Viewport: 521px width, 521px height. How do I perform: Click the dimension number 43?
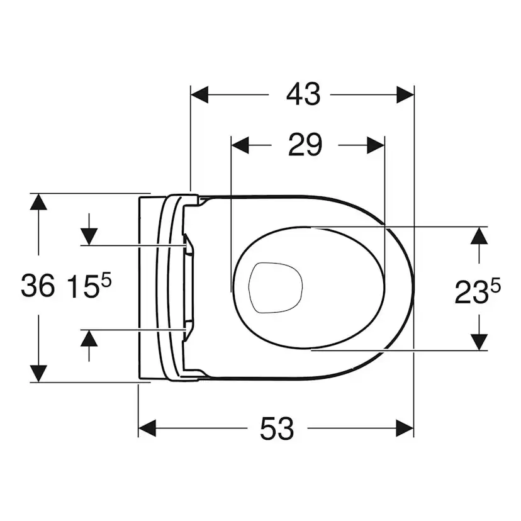coord(303,95)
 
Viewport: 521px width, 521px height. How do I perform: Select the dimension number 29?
coord(305,145)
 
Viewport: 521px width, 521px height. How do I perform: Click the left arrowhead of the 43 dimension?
coord(199,95)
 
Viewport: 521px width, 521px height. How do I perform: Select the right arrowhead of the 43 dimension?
coord(405,95)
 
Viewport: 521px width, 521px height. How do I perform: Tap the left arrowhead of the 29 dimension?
coord(240,145)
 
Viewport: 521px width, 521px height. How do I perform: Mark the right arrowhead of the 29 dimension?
coord(376,145)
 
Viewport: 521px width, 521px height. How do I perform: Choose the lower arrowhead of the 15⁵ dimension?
coord(89,339)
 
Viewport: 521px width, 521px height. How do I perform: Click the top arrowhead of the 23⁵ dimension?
coord(479,235)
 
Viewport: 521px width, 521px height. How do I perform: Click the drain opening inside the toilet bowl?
coord(276,287)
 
